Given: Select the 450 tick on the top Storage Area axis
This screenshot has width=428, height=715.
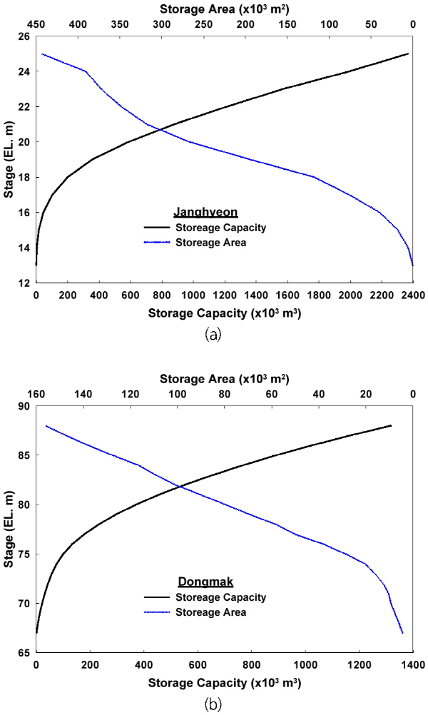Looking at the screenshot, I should coord(36,24).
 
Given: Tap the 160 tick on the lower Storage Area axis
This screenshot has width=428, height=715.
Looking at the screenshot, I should coord(36,394).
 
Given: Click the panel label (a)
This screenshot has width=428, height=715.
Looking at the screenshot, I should coord(213,334).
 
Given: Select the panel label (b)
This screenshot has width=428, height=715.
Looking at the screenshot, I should coord(213,704).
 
